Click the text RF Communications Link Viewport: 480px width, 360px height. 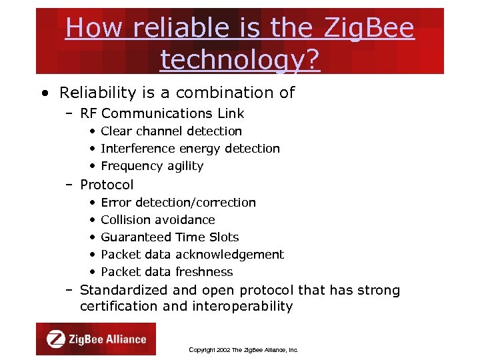pos(162,113)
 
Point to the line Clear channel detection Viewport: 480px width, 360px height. pos(171,131)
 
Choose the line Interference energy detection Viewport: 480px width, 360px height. pos(190,149)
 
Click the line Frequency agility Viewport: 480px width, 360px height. pos(152,166)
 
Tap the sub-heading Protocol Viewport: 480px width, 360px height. pos(107,185)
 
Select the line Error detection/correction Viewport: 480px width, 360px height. pos(178,202)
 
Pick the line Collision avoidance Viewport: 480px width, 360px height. pos(158,219)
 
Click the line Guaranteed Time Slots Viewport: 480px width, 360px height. pos(169,237)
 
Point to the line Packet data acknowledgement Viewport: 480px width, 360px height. pos(192,254)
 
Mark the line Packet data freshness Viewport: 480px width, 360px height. pos(167,271)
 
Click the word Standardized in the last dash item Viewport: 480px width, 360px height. pos(124,290)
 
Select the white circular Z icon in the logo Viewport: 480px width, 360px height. pos(55,339)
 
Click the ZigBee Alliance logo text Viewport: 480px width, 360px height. pos(107,339)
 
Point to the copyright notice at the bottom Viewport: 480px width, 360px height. pos(243,349)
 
